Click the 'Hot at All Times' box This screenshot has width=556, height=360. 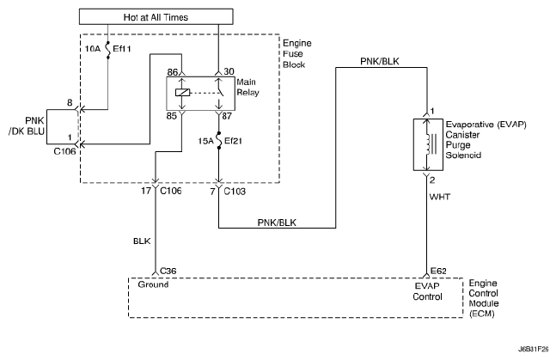[158, 16]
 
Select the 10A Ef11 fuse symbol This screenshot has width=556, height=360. [107, 50]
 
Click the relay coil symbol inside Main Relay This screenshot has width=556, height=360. [183, 92]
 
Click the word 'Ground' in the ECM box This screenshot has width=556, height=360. [155, 285]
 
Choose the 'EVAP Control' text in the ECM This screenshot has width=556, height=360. [426, 291]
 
